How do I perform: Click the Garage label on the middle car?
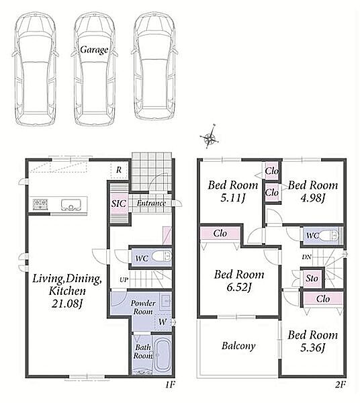tap(94, 50)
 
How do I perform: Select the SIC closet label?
tap(118, 204)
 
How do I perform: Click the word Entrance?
tap(151, 203)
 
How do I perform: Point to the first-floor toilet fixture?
tap(161, 257)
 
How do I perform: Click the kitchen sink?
tap(71, 205)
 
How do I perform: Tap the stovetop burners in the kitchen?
tap(40, 204)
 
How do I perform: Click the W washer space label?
tap(163, 322)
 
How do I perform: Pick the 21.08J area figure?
tap(67, 304)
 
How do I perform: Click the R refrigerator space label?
tap(119, 170)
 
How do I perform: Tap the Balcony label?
tap(238, 346)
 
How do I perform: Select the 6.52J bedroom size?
tap(239, 287)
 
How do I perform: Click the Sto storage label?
tap(312, 278)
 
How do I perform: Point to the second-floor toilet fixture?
tap(329, 235)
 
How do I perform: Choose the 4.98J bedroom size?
tap(313, 198)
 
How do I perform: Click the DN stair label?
tap(306, 257)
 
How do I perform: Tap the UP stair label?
tap(124, 279)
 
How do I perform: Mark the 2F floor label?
tap(341, 384)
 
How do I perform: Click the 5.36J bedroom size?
tap(313, 348)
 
